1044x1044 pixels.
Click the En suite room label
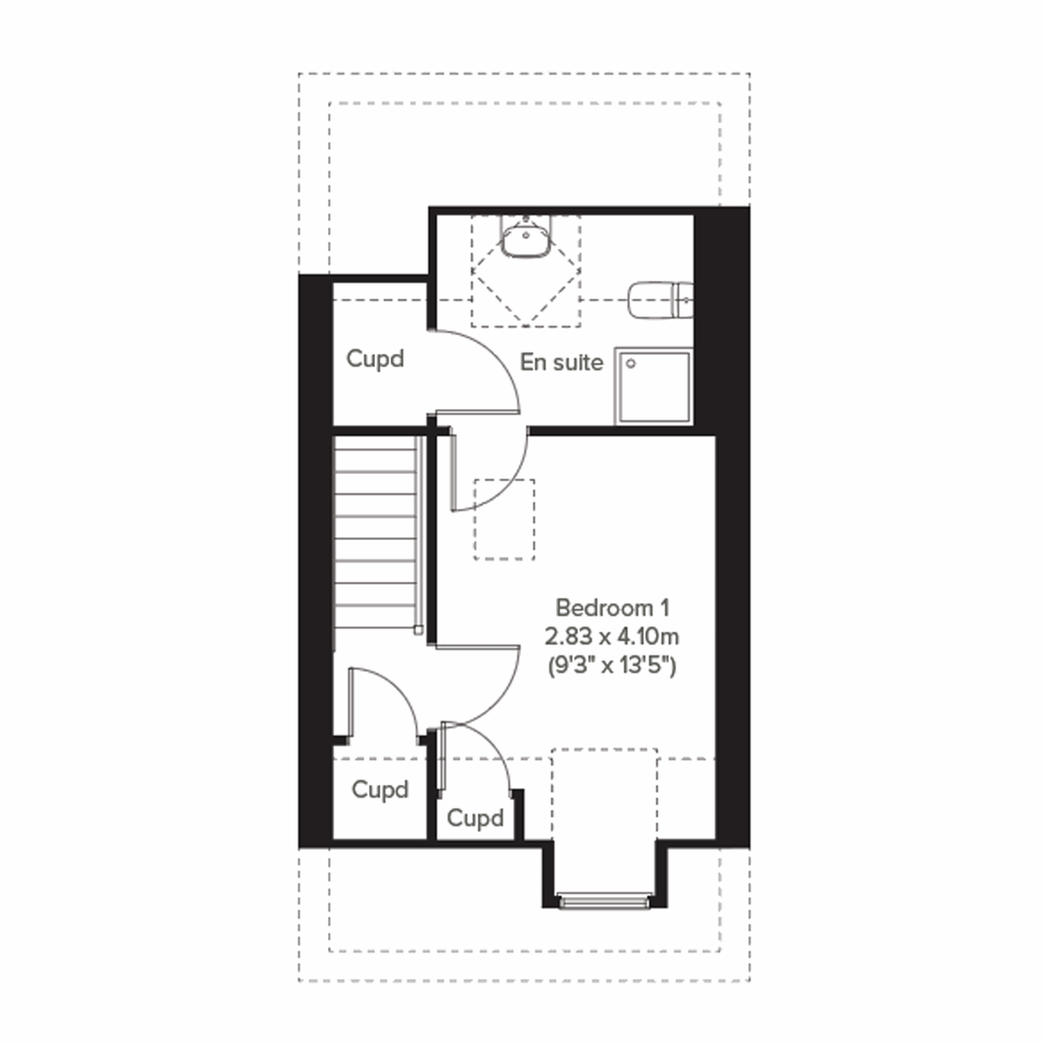(561, 363)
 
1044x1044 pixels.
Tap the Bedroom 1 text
(612, 606)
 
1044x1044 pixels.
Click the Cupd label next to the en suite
(375, 358)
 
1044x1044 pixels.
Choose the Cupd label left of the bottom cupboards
(380, 790)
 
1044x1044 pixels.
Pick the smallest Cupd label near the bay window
(475, 819)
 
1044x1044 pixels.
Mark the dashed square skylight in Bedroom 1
(505, 519)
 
